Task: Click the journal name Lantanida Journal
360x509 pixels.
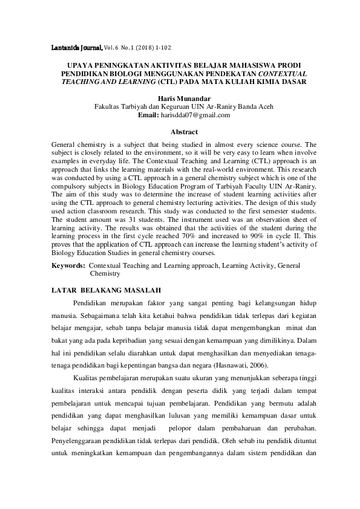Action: pyautogui.click(x=73, y=46)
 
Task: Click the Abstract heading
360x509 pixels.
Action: pyautogui.click(x=184, y=131)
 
